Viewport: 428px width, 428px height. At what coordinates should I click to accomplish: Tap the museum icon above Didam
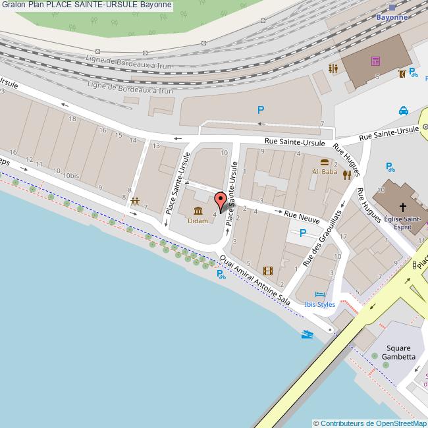[x=198, y=211]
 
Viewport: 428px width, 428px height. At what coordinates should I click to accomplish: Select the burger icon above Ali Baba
[x=324, y=162]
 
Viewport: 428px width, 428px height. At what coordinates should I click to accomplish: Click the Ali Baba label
[x=324, y=172]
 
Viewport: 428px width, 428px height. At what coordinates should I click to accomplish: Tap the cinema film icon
[x=267, y=270]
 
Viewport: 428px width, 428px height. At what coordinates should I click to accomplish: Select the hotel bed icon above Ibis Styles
[x=320, y=294]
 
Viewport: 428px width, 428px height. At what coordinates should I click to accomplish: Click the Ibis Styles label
[x=320, y=304]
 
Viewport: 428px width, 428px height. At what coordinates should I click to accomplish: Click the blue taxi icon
[x=403, y=111]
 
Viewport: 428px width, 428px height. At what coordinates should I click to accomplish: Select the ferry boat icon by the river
[x=307, y=334]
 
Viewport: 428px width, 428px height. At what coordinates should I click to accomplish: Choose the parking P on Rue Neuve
[x=302, y=232]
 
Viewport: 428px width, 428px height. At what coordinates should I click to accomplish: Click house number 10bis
[x=71, y=176]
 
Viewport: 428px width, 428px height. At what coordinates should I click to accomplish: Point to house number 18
[x=72, y=119]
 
